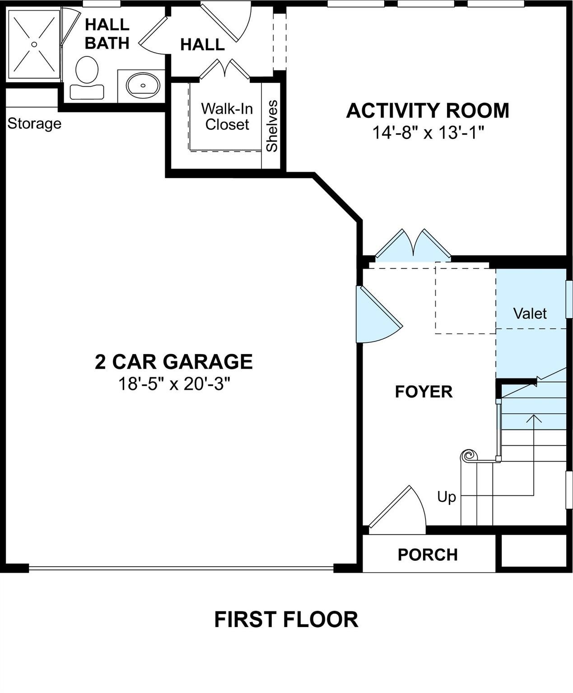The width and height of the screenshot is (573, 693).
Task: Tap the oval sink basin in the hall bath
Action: coord(143,85)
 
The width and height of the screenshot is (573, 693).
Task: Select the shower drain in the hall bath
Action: coord(34,44)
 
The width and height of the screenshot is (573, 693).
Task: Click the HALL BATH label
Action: coord(107,34)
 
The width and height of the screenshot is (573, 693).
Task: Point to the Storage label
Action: coord(34,124)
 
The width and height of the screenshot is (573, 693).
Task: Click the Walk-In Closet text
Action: coord(227,116)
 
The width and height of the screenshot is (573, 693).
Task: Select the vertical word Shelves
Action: coord(272,126)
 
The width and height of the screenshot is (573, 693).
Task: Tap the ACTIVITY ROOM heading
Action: coord(427,111)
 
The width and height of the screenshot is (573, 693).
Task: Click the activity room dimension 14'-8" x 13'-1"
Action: coord(427,133)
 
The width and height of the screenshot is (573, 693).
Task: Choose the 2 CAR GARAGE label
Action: coord(173,362)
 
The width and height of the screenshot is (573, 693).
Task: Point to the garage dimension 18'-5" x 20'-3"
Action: coord(173,384)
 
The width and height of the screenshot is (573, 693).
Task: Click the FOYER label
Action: coord(424,392)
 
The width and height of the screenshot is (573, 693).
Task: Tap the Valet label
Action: coord(530,314)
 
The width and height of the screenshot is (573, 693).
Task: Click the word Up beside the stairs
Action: coord(446,497)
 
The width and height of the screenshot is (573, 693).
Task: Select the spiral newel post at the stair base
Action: coord(469,456)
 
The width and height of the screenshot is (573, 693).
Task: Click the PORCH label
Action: coord(427,554)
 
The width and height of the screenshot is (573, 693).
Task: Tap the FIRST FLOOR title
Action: coord(286,619)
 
